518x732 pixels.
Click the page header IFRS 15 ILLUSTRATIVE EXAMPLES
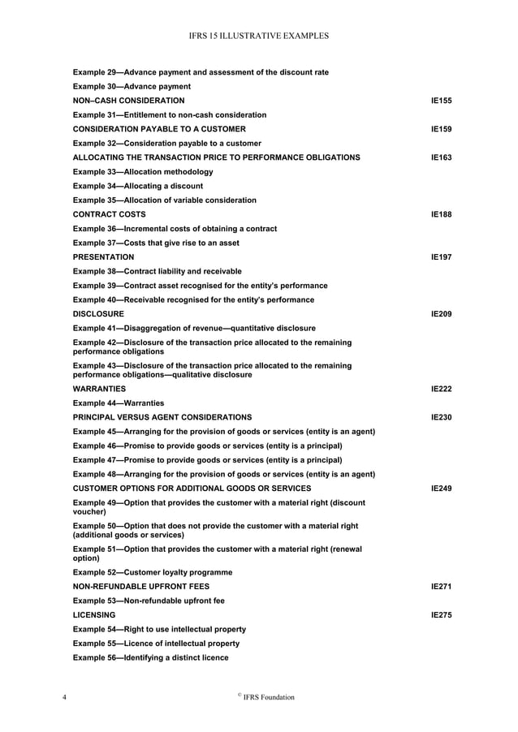(x=259, y=37)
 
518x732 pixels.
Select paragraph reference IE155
(x=441, y=101)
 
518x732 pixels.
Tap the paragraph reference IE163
(x=441, y=157)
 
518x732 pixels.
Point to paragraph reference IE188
(x=441, y=214)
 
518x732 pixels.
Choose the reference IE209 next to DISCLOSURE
(x=441, y=313)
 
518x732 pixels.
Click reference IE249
(x=441, y=489)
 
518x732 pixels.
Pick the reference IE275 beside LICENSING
(x=441, y=615)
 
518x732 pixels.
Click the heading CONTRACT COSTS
(x=110, y=214)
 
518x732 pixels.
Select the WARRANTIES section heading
(x=99, y=390)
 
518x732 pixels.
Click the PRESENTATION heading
(x=104, y=256)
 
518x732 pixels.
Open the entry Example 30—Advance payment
(x=132, y=86)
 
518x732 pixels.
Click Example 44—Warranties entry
(x=119, y=403)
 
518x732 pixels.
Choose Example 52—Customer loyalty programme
(x=153, y=572)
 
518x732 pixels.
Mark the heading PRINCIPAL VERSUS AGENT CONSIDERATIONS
(x=162, y=417)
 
